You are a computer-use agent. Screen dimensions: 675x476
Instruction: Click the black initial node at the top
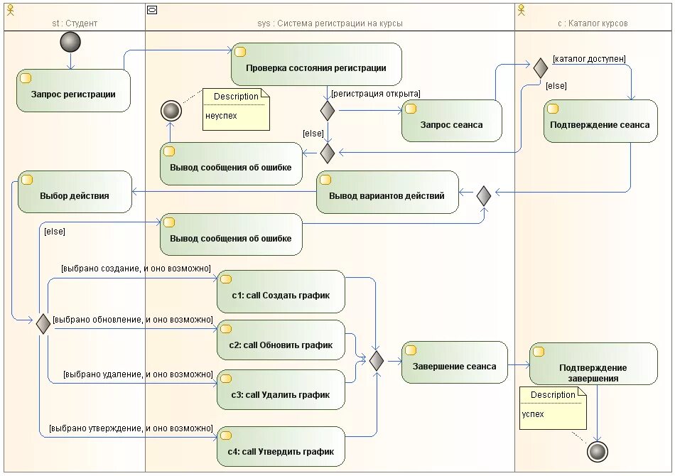70,42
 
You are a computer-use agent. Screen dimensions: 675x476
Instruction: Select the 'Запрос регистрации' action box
73,90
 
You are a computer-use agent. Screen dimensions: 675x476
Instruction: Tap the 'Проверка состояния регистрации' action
316,64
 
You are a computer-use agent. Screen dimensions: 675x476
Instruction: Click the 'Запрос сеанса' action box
452,121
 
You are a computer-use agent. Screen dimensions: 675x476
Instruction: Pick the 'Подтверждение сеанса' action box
600,121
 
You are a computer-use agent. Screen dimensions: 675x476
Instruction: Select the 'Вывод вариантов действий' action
387,192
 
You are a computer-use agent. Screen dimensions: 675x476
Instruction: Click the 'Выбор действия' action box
75,192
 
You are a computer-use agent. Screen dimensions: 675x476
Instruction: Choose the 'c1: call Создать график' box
281,291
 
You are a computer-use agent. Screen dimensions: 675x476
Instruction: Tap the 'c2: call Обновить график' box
281,340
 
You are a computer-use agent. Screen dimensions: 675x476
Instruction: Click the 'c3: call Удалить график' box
281,390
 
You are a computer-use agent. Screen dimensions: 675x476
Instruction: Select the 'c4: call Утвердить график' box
281,447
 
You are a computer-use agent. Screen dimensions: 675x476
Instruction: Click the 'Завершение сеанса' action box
455,362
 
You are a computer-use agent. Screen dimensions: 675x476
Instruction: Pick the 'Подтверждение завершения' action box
593,364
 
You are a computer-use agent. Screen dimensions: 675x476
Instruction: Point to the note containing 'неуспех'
236,109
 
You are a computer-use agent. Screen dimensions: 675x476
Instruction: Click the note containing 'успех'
553,408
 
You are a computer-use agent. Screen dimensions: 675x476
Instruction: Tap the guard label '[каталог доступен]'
589,59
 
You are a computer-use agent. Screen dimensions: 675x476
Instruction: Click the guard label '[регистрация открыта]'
376,94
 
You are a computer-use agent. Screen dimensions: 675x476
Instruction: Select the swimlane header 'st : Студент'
75,23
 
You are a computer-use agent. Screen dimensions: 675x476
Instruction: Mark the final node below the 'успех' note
598,452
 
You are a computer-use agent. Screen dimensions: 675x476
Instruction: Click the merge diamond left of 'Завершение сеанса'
377,361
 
